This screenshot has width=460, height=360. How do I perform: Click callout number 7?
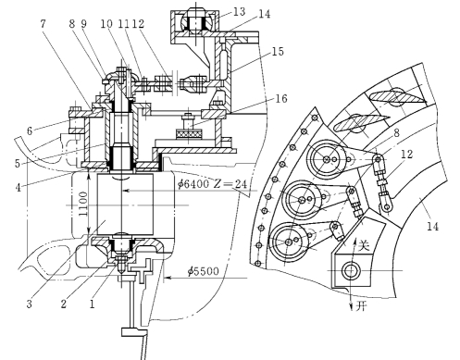(x=43, y=23)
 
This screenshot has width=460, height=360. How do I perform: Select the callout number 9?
(x=83, y=23)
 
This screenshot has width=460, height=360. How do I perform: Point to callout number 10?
(x=106, y=24)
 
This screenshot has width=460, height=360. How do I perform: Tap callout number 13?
(x=239, y=12)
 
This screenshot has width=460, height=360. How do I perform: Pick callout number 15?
(x=278, y=51)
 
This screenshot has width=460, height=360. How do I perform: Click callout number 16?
(x=280, y=99)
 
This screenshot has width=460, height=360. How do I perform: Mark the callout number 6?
(x=30, y=130)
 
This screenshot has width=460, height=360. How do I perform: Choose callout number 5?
(x=18, y=163)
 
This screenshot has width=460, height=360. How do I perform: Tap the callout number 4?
(x=19, y=187)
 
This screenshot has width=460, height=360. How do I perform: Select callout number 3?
(x=29, y=304)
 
